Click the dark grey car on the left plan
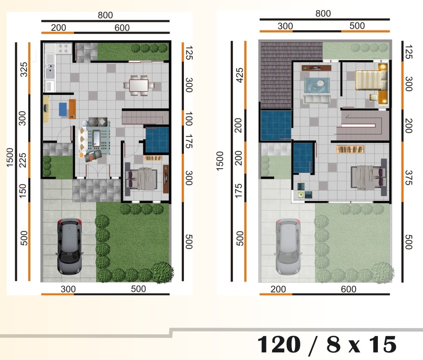pyautogui.click(x=69, y=246)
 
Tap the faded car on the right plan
pyautogui.click(x=288, y=246)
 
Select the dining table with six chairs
pyautogui.click(x=139, y=86)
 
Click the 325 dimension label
pyautogui.click(x=24, y=69)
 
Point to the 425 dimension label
pyautogui.click(x=240, y=75)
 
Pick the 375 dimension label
pyautogui.click(x=408, y=177)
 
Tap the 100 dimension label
pyautogui.click(x=189, y=119)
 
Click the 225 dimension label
pyautogui.click(x=23, y=160)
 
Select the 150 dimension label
pyautogui.click(x=23, y=191)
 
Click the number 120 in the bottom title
pyautogui.click(x=279, y=344)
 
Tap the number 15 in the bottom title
pyautogui.click(x=383, y=344)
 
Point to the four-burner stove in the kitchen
pyautogui.click(x=64, y=48)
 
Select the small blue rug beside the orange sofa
pyautogui.click(x=64, y=109)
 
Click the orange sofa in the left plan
pyautogui.click(x=72, y=109)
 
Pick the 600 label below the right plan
pyautogui.click(x=348, y=289)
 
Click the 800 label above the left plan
pyautogui.click(x=105, y=15)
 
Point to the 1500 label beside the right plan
pyautogui.click(x=220, y=161)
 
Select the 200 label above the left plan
pyautogui.click(x=59, y=27)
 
